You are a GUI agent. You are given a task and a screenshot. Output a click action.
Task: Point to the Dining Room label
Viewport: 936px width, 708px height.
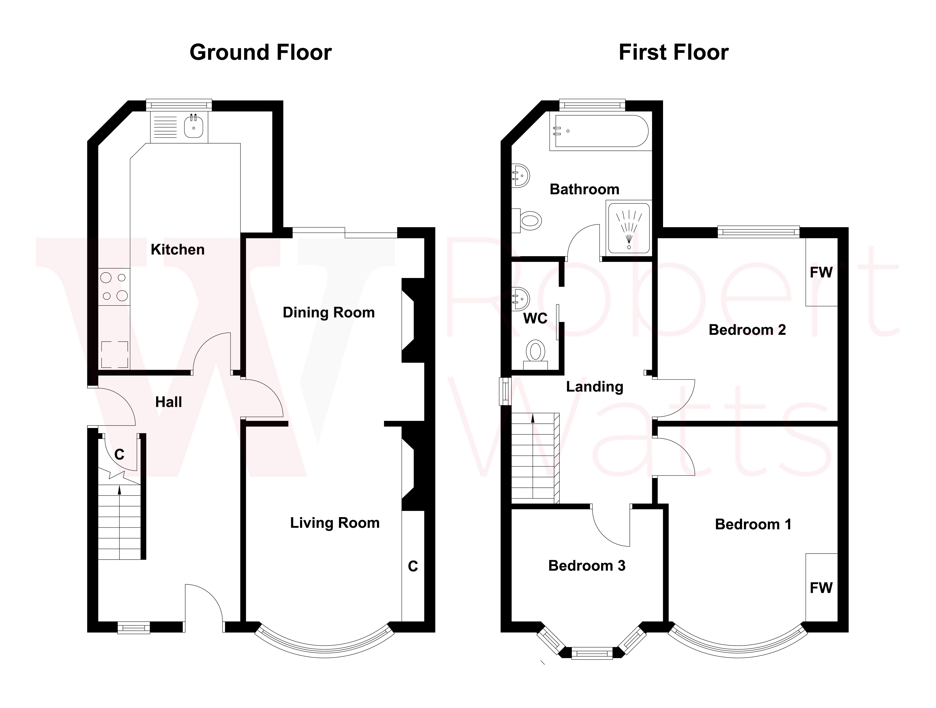328,312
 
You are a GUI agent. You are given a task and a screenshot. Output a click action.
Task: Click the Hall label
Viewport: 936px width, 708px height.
168,402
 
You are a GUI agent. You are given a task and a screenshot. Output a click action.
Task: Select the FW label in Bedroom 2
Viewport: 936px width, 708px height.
821,272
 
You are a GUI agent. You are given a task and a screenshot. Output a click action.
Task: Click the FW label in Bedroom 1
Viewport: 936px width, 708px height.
821,588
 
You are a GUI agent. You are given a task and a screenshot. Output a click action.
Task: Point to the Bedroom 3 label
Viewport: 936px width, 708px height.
586,566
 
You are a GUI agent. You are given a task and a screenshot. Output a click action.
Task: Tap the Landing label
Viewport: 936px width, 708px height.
595,387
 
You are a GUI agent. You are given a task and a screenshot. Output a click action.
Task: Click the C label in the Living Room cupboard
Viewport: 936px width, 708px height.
413,566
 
